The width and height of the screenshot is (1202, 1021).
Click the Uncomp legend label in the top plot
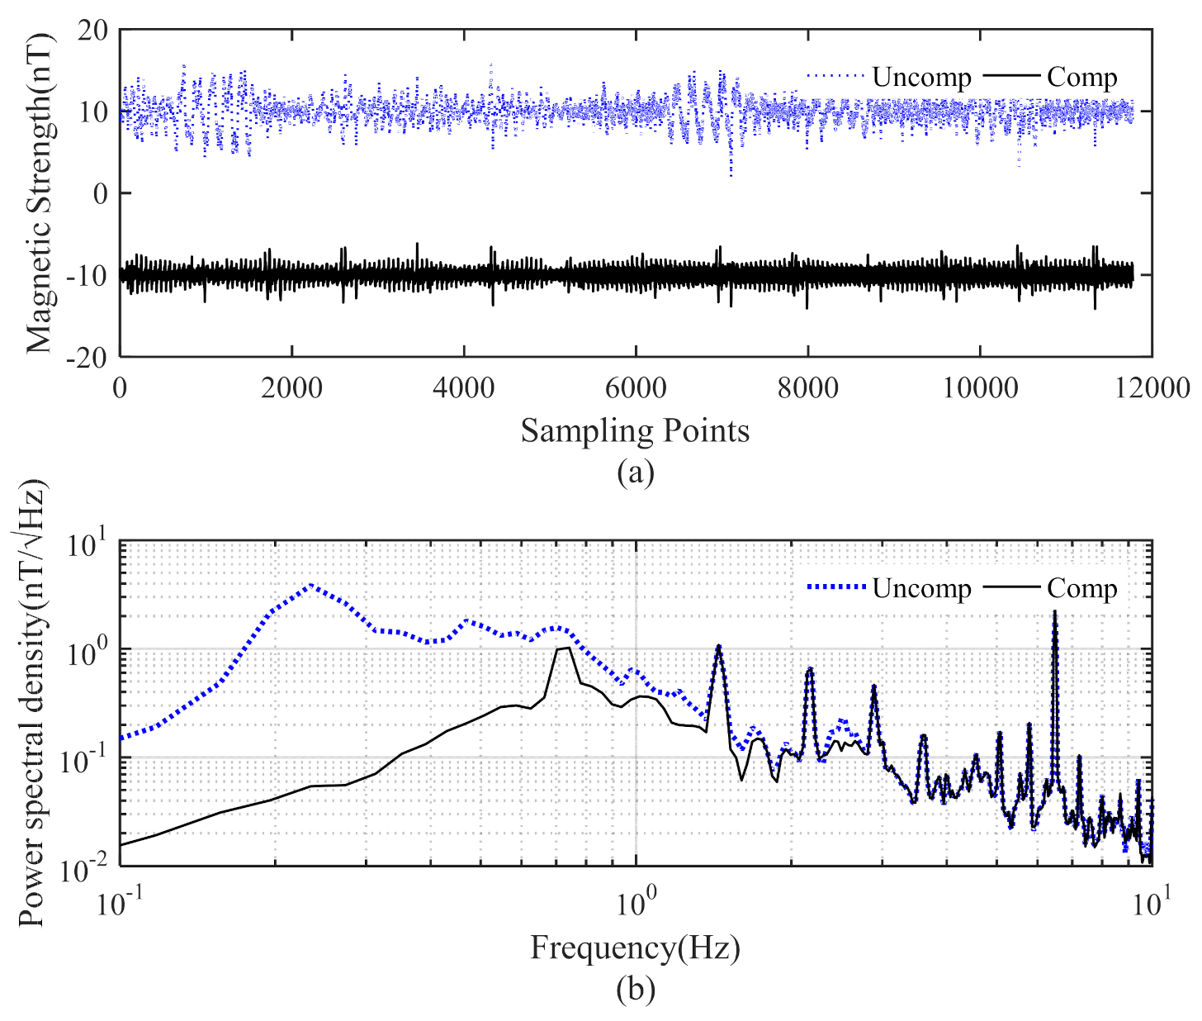pos(921,77)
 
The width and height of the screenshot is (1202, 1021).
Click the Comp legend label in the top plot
pos(1081,77)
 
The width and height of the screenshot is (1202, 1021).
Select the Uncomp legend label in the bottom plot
pos(921,588)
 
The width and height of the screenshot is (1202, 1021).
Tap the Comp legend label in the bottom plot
pos(1081,588)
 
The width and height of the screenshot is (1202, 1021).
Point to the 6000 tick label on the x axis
pos(636,387)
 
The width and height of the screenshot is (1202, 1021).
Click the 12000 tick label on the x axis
pos(1152,387)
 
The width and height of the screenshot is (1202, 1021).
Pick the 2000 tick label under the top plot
pos(291,387)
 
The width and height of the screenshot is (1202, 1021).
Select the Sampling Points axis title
pos(635,430)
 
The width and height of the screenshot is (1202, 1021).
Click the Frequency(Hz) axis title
pos(635,947)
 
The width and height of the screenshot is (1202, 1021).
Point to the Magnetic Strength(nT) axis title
pos(38,193)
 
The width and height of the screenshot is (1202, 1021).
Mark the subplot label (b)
pos(635,989)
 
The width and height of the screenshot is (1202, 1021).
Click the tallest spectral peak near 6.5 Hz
pos(1054,612)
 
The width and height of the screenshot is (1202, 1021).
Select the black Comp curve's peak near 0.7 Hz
pos(568,648)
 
